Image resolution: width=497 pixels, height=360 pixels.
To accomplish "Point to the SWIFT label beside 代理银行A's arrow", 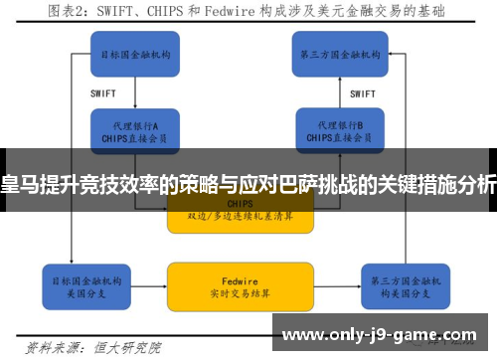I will pos(103,93).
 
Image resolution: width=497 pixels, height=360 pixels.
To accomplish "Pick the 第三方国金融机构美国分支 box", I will pos(399,284).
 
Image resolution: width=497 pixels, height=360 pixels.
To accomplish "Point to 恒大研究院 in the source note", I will pos(131,348).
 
